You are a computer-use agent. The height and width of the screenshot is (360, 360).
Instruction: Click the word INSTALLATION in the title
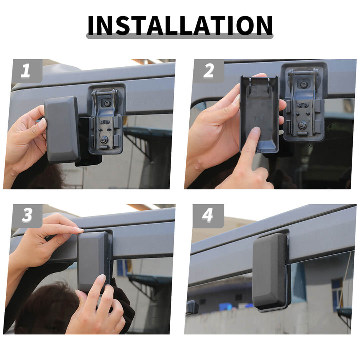[180, 25]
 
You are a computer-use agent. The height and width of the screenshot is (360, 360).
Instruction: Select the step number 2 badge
[208, 71]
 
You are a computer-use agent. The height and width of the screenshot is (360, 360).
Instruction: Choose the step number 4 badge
[208, 216]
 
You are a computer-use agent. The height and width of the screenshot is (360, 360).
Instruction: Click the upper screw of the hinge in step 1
[107, 103]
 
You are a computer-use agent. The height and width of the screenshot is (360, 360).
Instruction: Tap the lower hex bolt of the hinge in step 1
[103, 139]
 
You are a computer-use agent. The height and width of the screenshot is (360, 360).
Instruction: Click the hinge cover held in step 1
[62, 129]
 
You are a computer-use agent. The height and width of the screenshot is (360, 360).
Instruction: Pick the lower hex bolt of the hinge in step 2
[301, 125]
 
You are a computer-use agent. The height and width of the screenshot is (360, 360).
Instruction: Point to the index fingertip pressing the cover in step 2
[256, 131]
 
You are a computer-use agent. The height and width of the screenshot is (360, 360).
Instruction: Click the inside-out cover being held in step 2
[259, 114]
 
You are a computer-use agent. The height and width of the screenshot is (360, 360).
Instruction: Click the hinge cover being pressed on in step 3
[93, 262]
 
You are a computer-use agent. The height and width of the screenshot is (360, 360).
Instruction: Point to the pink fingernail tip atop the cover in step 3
[80, 230]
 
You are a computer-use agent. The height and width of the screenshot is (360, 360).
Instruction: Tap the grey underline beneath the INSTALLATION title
[180, 36]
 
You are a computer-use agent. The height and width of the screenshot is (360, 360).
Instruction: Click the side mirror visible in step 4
[192, 307]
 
